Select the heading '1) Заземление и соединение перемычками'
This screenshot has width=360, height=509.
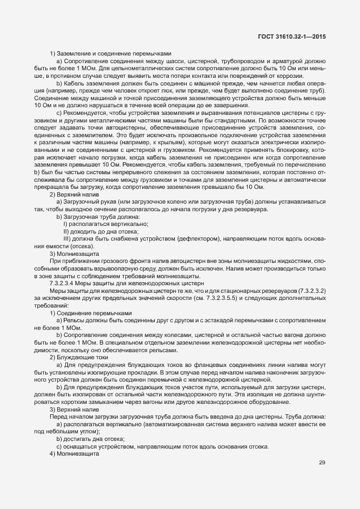coord(111,53)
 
